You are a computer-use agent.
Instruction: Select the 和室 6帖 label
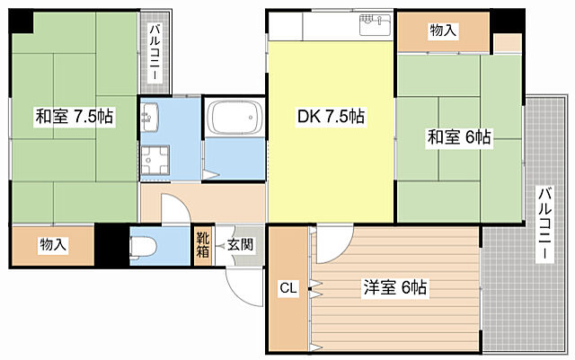click(458, 137)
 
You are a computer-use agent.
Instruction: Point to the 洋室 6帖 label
click(394, 288)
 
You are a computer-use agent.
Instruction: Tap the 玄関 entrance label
click(239, 243)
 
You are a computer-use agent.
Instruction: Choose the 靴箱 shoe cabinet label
click(203, 243)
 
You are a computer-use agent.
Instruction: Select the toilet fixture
click(145, 243)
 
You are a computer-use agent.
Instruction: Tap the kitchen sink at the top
click(375, 24)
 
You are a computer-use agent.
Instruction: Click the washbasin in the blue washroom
click(150, 116)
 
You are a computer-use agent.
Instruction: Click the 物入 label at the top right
click(443, 31)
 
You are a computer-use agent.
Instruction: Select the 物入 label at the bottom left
click(53, 244)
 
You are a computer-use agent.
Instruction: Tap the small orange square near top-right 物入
click(507, 42)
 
